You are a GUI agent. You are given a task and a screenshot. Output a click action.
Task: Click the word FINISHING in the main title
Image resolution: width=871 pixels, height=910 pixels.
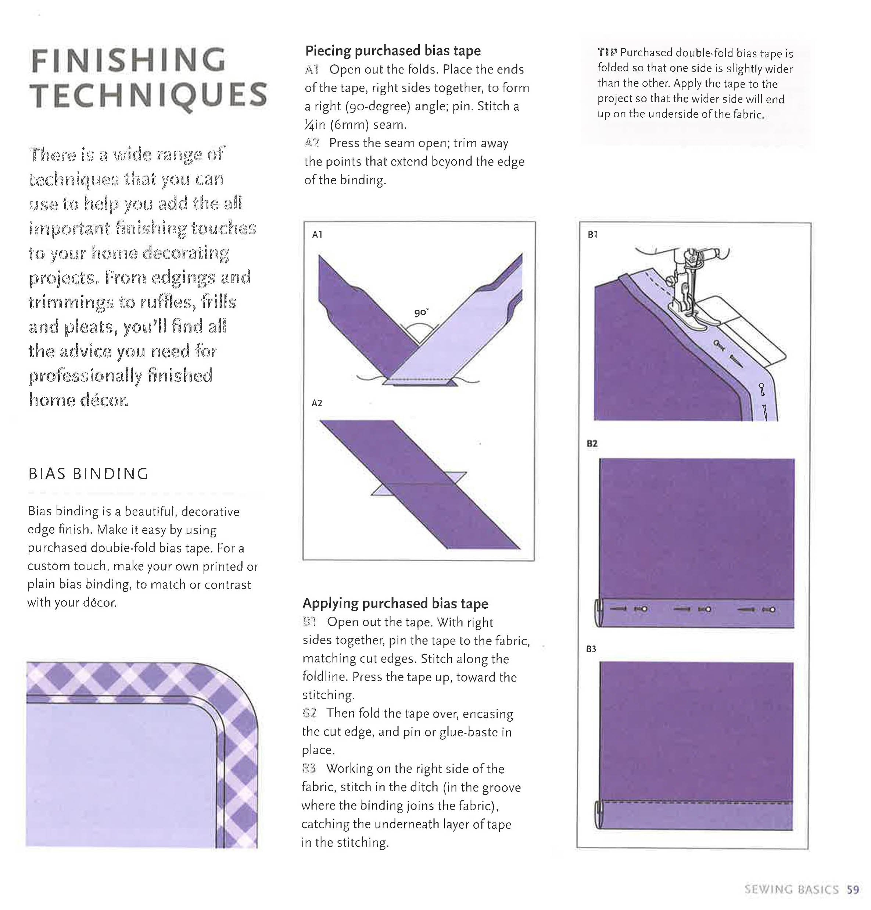pyautogui.click(x=128, y=60)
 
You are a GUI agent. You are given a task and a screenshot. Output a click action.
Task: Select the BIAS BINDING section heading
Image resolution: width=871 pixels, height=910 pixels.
pyautogui.click(x=88, y=473)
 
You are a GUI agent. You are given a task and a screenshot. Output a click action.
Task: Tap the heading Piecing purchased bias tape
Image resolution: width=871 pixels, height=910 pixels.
pyautogui.click(x=393, y=50)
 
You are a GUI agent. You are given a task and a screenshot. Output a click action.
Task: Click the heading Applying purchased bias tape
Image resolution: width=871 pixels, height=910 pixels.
pyautogui.click(x=395, y=603)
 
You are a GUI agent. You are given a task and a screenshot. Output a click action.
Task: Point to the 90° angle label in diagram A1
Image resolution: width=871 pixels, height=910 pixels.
pyautogui.click(x=421, y=312)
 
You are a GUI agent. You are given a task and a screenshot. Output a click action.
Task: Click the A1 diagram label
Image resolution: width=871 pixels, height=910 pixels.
pyautogui.click(x=317, y=234)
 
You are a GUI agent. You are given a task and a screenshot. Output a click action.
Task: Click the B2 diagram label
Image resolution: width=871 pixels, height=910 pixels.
pyautogui.click(x=591, y=443)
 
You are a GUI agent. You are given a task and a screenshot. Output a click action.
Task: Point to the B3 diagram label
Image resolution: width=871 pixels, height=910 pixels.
pyautogui.click(x=591, y=648)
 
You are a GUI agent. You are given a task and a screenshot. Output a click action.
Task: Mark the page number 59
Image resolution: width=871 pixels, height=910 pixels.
pyautogui.click(x=853, y=889)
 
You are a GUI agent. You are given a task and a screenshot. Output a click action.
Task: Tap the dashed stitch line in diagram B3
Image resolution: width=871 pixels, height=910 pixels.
pyautogui.click(x=696, y=802)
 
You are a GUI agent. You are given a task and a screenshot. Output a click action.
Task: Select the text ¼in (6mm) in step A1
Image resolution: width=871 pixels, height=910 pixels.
pyautogui.click(x=341, y=124)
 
